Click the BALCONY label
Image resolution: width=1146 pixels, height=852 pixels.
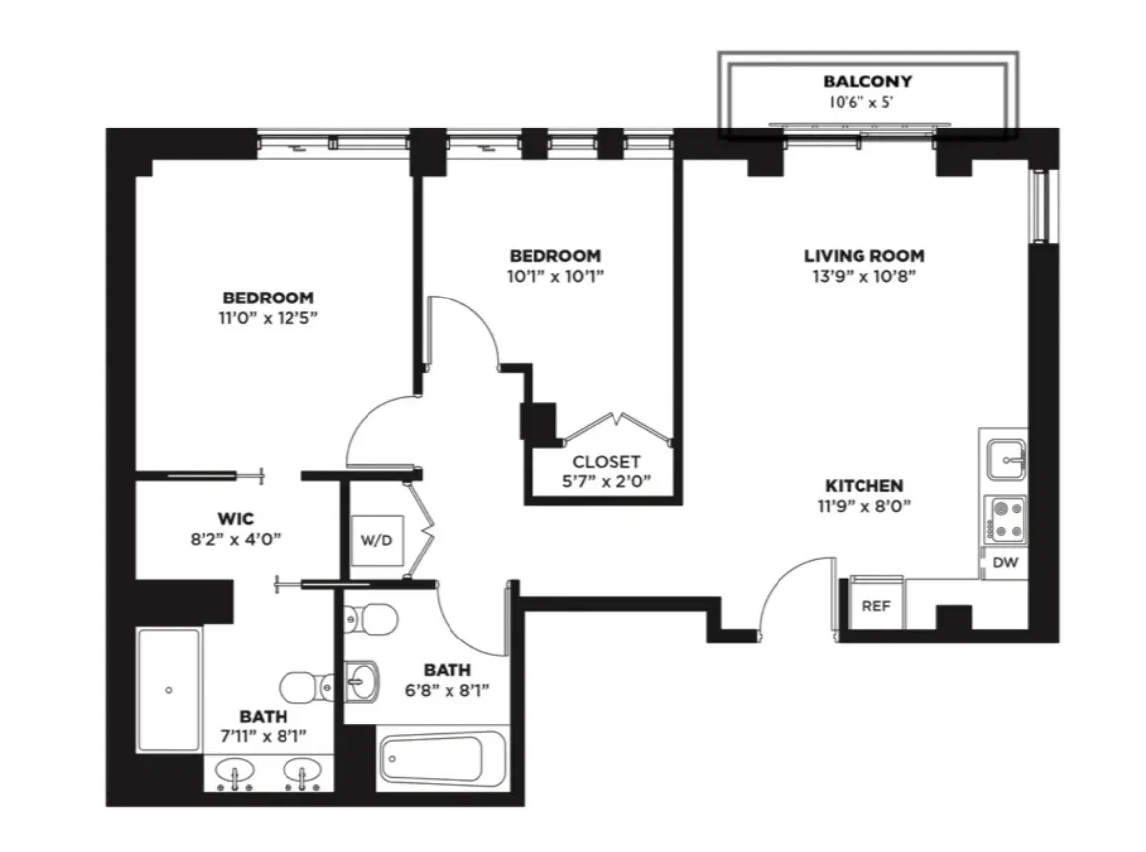(866, 81)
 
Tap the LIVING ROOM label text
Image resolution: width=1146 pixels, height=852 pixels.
(863, 256)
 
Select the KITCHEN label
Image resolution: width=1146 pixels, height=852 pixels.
(865, 486)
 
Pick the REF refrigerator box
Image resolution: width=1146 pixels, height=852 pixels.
(876, 606)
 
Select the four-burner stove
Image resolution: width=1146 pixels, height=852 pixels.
(1006, 520)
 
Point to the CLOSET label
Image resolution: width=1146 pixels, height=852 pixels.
(607, 462)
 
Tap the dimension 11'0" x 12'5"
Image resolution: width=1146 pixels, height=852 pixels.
(268, 318)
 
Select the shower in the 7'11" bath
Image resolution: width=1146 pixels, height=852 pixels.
(169, 689)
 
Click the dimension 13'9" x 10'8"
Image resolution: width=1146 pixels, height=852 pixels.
(863, 277)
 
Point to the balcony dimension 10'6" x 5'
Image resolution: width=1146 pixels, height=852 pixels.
(866, 101)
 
